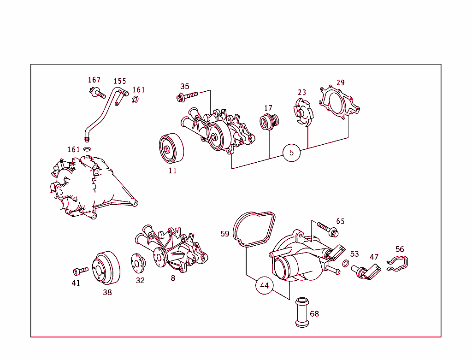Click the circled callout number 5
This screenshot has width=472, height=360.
(x=291, y=153)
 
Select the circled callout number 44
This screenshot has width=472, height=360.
(x=264, y=285)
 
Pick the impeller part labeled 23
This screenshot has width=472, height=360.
(x=302, y=113)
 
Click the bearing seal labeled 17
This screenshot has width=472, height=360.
(x=268, y=122)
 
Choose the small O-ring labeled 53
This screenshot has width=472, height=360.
(x=346, y=264)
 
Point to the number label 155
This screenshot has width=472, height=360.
(x=120, y=81)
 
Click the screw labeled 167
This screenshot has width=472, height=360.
(x=97, y=93)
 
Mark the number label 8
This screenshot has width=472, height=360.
(x=173, y=278)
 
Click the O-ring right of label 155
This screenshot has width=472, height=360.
(x=136, y=100)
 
